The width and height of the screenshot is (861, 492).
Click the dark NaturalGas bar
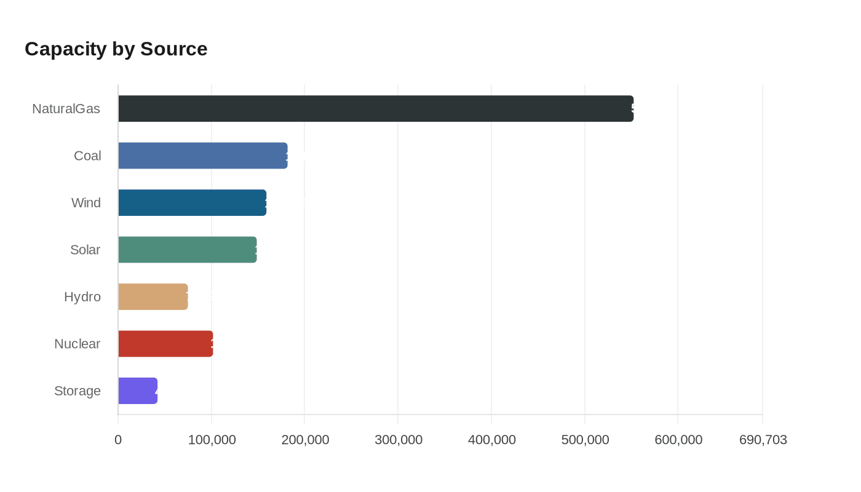click(375, 108)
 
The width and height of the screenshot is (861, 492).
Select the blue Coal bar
click(202, 156)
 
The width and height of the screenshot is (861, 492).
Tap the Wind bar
click(192, 202)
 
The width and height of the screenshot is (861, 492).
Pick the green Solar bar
click(187, 250)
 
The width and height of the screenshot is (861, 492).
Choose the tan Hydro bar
click(153, 296)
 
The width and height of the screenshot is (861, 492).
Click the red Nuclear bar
click(165, 344)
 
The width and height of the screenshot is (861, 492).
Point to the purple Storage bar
click(138, 391)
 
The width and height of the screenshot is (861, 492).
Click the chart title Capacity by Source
click(116, 49)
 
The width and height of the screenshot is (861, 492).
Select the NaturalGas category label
click(66, 109)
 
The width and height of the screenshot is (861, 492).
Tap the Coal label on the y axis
click(87, 156)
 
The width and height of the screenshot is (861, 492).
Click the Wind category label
click(86, 203)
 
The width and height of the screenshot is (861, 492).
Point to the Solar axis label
click(85, 250)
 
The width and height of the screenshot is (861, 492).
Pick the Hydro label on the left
click(82, 297)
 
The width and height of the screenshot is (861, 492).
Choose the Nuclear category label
click(77, 344)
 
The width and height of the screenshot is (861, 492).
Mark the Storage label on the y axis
click(77, 391)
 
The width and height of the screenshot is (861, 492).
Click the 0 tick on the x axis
click(118, 440)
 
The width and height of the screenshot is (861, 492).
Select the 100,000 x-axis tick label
click(212, 440)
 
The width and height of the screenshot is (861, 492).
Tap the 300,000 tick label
click(398, 440)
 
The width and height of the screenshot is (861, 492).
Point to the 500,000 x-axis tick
click(585, 440)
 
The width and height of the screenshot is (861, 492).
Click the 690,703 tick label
click(763, 440)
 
